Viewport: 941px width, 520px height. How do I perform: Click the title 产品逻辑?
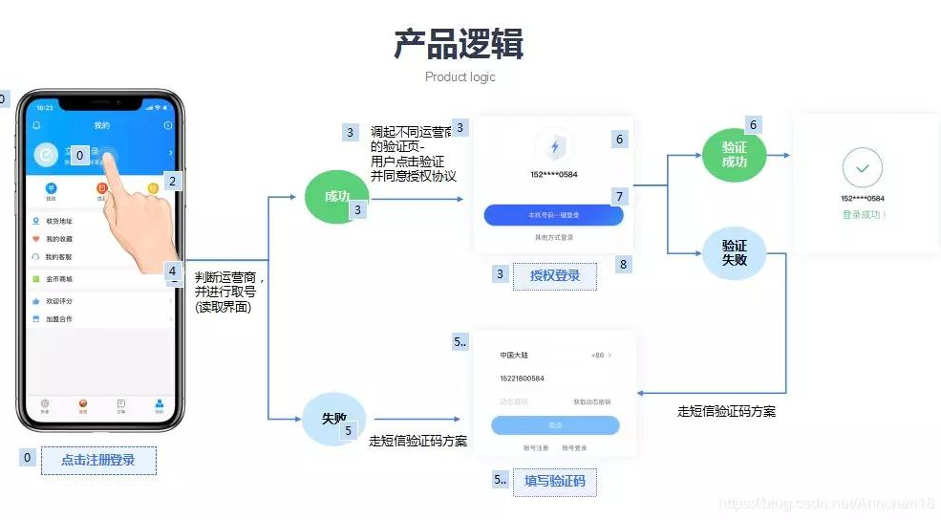(x=459, y=44)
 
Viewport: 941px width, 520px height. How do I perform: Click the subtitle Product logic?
(x=460, y=76)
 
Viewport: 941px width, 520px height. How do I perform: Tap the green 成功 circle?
(x=336, y=197)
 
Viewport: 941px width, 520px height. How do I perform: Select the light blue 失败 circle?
(x=333, y=419)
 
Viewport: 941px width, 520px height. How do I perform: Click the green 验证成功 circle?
(x=734, y=155)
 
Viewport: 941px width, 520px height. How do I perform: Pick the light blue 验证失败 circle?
(x=734, y=252)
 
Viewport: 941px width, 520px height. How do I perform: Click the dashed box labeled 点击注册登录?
(x=98, y=460)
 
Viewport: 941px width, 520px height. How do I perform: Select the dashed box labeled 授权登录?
(x=555, y=276)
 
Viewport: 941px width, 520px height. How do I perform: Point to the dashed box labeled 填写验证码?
(x=555, y=481)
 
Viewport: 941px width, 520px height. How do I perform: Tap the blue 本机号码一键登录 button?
(x=553, y=215)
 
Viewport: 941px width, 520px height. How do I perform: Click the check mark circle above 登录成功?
(x=863, y=168)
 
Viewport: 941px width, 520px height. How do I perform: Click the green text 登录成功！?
(x=865, y=214)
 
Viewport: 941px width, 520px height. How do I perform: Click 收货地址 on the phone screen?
(x=60, y=221)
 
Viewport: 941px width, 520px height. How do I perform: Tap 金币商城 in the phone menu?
(x=59, y=279)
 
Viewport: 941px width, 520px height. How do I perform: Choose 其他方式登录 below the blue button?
(x=553, y=237)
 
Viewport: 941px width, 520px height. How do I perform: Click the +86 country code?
(x=595, y=356)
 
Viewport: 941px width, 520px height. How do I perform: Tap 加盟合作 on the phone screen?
(x=59, y=318)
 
